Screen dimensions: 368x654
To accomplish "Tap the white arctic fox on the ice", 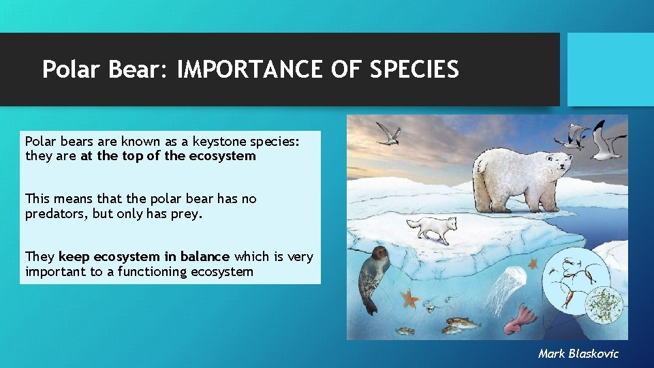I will (x=437, y=228).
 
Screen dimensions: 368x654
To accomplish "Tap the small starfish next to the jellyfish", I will (x=533, y=263).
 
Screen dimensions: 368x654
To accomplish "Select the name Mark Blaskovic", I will (x=578, y=353).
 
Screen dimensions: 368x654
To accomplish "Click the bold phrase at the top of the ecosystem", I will (x=168, y=156).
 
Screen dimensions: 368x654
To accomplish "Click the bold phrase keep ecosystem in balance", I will (x=144, y=257).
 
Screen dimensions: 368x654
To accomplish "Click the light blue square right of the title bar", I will (x=610, y=70).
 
